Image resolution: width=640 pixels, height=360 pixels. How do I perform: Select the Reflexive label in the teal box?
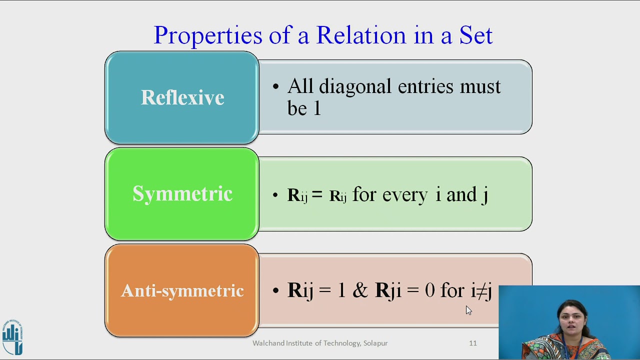[182, 97]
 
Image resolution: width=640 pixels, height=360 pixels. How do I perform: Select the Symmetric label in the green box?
[182, 194]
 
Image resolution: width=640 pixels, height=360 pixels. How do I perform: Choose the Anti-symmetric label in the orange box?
[182, 290]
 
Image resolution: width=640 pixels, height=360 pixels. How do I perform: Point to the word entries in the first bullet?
[426, 87]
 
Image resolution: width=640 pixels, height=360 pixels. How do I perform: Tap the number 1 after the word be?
[317, 108]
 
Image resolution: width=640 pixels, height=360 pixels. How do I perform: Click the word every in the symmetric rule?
[404, 195]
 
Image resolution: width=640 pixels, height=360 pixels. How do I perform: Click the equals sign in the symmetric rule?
[317, 195]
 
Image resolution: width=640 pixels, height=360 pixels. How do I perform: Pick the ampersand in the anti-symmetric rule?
[360, 290]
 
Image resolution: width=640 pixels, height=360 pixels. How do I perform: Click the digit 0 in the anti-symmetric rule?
[429, 290]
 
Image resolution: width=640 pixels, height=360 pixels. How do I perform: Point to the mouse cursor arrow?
[468, 310]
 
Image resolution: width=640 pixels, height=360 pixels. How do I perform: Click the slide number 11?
[472, 343]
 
